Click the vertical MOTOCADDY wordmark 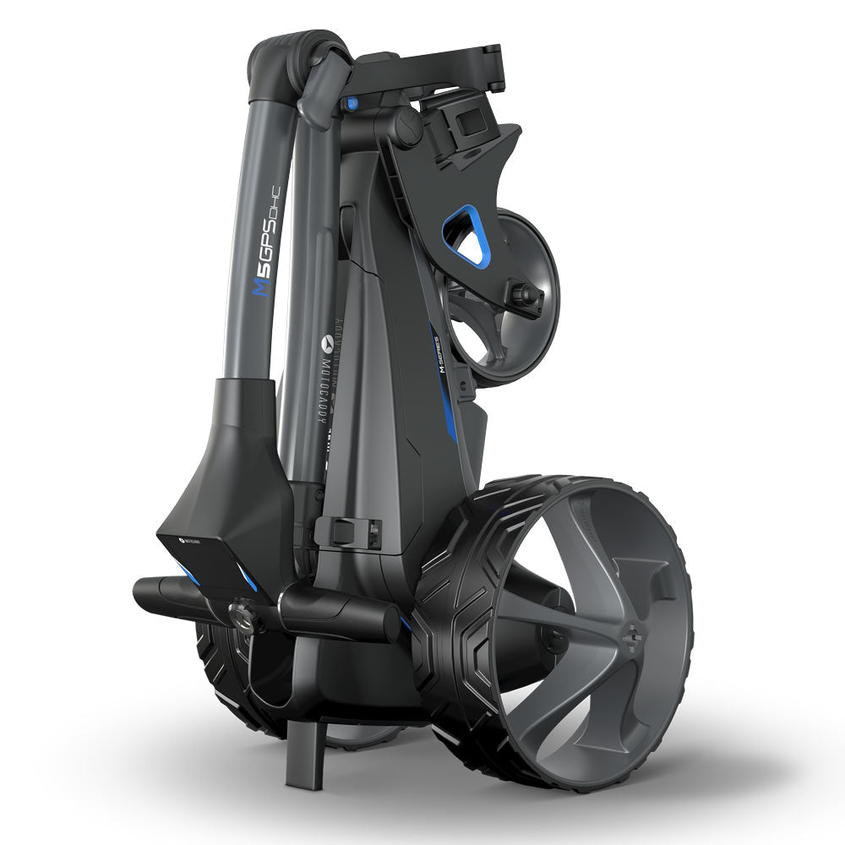[331, 389]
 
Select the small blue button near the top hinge [346, 104]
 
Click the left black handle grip [169, 589]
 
